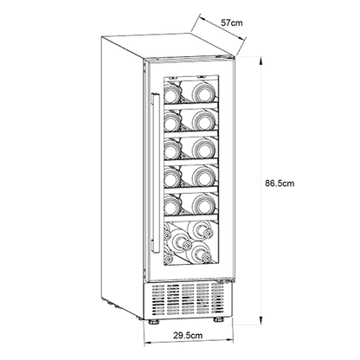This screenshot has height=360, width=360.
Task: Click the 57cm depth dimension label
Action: point(232,22)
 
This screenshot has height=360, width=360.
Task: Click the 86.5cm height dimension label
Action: point(280,183)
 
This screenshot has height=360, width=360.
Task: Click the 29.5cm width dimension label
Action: point(188,336)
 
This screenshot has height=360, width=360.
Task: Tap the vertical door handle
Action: point(156,173)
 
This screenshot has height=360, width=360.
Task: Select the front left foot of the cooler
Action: point(154,322)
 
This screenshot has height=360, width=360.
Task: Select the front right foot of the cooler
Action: point(219,320)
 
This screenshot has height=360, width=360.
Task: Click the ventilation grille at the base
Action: point(188,299)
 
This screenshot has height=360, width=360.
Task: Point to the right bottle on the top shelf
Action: point(204,93)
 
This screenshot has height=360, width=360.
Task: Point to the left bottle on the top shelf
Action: point(172,93)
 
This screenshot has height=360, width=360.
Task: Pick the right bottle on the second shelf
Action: point(204,120)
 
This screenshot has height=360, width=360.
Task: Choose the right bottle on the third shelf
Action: point(204,148)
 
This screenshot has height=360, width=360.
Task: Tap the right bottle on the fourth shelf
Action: point(204,177)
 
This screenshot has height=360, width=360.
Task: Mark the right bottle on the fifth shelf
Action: point(204,204)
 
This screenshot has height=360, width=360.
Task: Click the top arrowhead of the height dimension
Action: point(260,61)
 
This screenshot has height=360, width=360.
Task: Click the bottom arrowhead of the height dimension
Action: point(260,320)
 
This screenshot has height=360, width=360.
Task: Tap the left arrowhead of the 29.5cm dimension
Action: point(148,343)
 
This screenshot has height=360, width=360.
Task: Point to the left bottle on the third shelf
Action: point(172,149)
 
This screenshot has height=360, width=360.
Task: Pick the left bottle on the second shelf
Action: point(172,121)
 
